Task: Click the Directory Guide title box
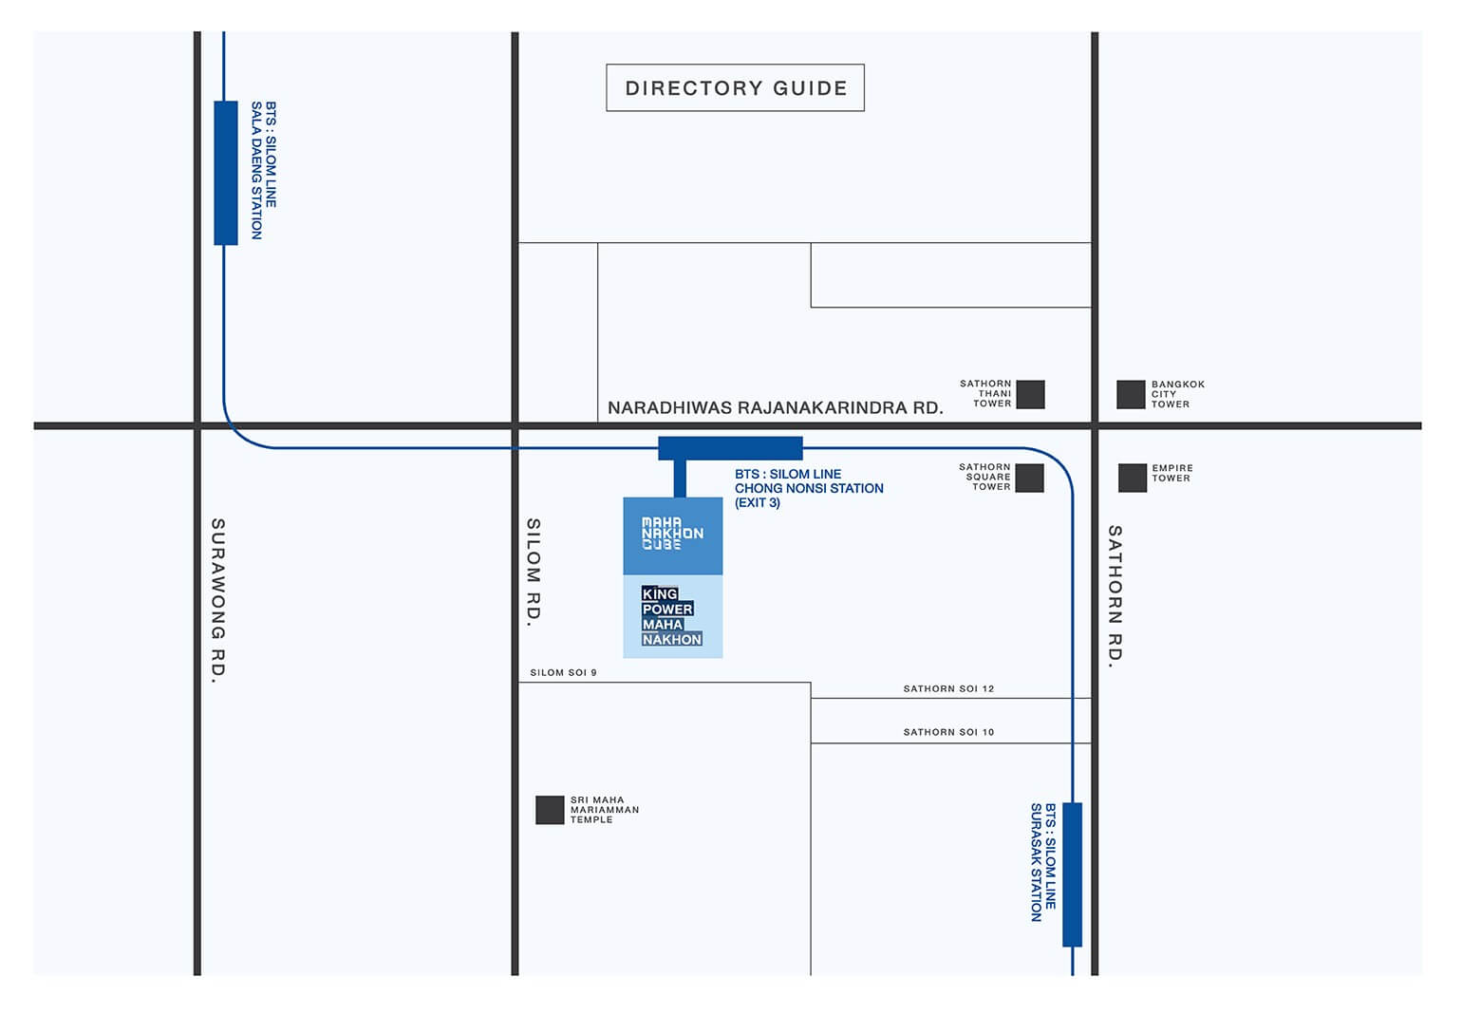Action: click(x=735, y=87)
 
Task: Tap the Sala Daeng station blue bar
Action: click(x=225, y=173)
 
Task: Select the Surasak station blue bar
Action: click(x=1072, y=873)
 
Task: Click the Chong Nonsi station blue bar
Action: click(x=730, y=448)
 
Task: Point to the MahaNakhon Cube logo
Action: click(x=672, y=534)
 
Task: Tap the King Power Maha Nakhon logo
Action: click(x=672, y=616)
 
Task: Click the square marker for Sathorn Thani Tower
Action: click(x=1030, y=394)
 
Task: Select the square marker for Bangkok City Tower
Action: click(x=1131, y=394)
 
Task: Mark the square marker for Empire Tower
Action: click(x=1132, y=478)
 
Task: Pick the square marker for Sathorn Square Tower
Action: click(x=1029, y=478)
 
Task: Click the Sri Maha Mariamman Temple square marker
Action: click(x=550, y=810)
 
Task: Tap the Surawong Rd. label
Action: click(x=218, y=600)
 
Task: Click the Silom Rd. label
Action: click(x=534, y=572)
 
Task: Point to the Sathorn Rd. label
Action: click(x=1115, y=596)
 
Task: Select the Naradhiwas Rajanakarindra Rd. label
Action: click(x=775, y=408)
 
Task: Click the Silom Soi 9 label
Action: click(x=563, y=672)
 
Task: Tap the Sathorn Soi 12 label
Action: click(x=948, y=688)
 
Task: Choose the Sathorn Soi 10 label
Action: click(x=948, y=732)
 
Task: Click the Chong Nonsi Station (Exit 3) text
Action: click(x=808, y=488)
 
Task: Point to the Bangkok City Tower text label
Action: click(x=1177, y=394)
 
